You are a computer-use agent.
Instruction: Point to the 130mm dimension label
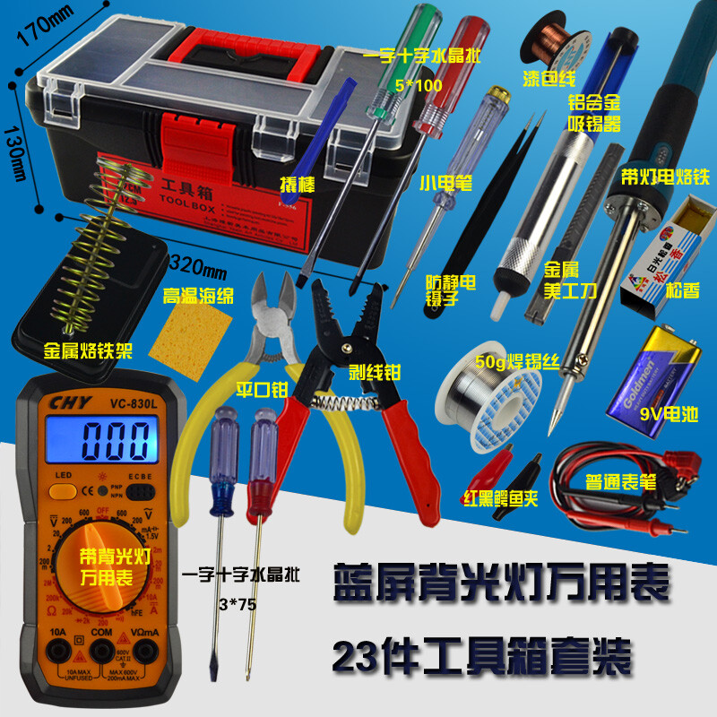pos(15,152)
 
